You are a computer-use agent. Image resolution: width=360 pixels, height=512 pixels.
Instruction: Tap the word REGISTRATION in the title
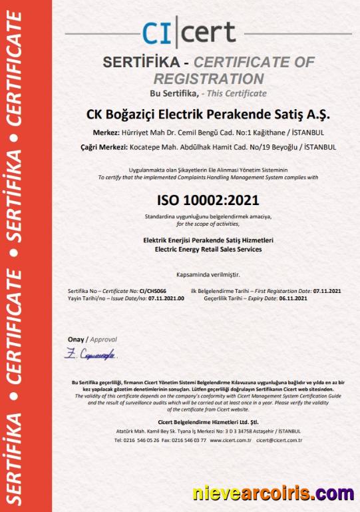(208, 77)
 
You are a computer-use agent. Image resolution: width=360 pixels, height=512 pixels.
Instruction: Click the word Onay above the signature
(77, 340)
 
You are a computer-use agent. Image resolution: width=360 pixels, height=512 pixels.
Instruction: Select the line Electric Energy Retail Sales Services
(208, 250)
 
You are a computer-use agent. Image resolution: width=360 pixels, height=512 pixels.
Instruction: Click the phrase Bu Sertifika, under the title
(172, 93)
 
